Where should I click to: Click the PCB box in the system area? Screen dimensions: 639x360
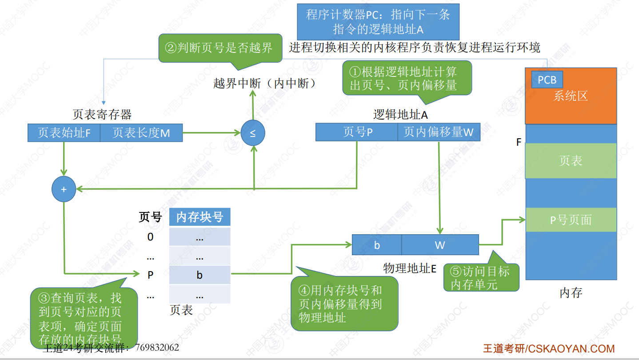pyautogui.click(x=547, y=80)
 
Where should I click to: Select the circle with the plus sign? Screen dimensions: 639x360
pyautogui.click(x=64, y=189)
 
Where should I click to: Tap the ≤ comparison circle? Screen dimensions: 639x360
pyautogui.click(x=253, y=133)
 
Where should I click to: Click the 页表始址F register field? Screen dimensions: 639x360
pyautogui.click(x=64, y=132)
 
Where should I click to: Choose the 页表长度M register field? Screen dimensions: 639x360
pyautogui.click(x=141, y=132)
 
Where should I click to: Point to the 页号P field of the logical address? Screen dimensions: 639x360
pyautogui.click(x=357, y=132)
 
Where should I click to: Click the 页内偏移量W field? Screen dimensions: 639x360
pyautogui.click(x=439, y=132)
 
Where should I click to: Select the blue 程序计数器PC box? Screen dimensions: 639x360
pyautogui.click(x=378, y=22)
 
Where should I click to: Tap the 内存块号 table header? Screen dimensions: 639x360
pyautogui.click(x=200, y=217)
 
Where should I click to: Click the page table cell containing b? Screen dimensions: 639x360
pyautogui.click(x=200, y=275)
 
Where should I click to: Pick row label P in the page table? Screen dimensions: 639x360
pyautogui.click(x=150, y=275)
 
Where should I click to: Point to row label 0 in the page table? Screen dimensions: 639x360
pyautogui.click(x=150, y=237)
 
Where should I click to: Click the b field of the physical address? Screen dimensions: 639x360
pyautogui.click(x=377, y=245)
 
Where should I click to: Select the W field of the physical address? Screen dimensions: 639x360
pyautogui.click(x=440, y=245)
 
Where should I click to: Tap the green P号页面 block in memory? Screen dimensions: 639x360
pyautogui.click(x=571, y=220)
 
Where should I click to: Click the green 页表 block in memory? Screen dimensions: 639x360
pyautogui.click(x=571, y=160)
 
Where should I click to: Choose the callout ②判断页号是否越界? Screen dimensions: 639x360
pyautogui.click(x=220, y=48)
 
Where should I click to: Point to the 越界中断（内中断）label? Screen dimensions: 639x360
pyautogui.click(x=264, y=84)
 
